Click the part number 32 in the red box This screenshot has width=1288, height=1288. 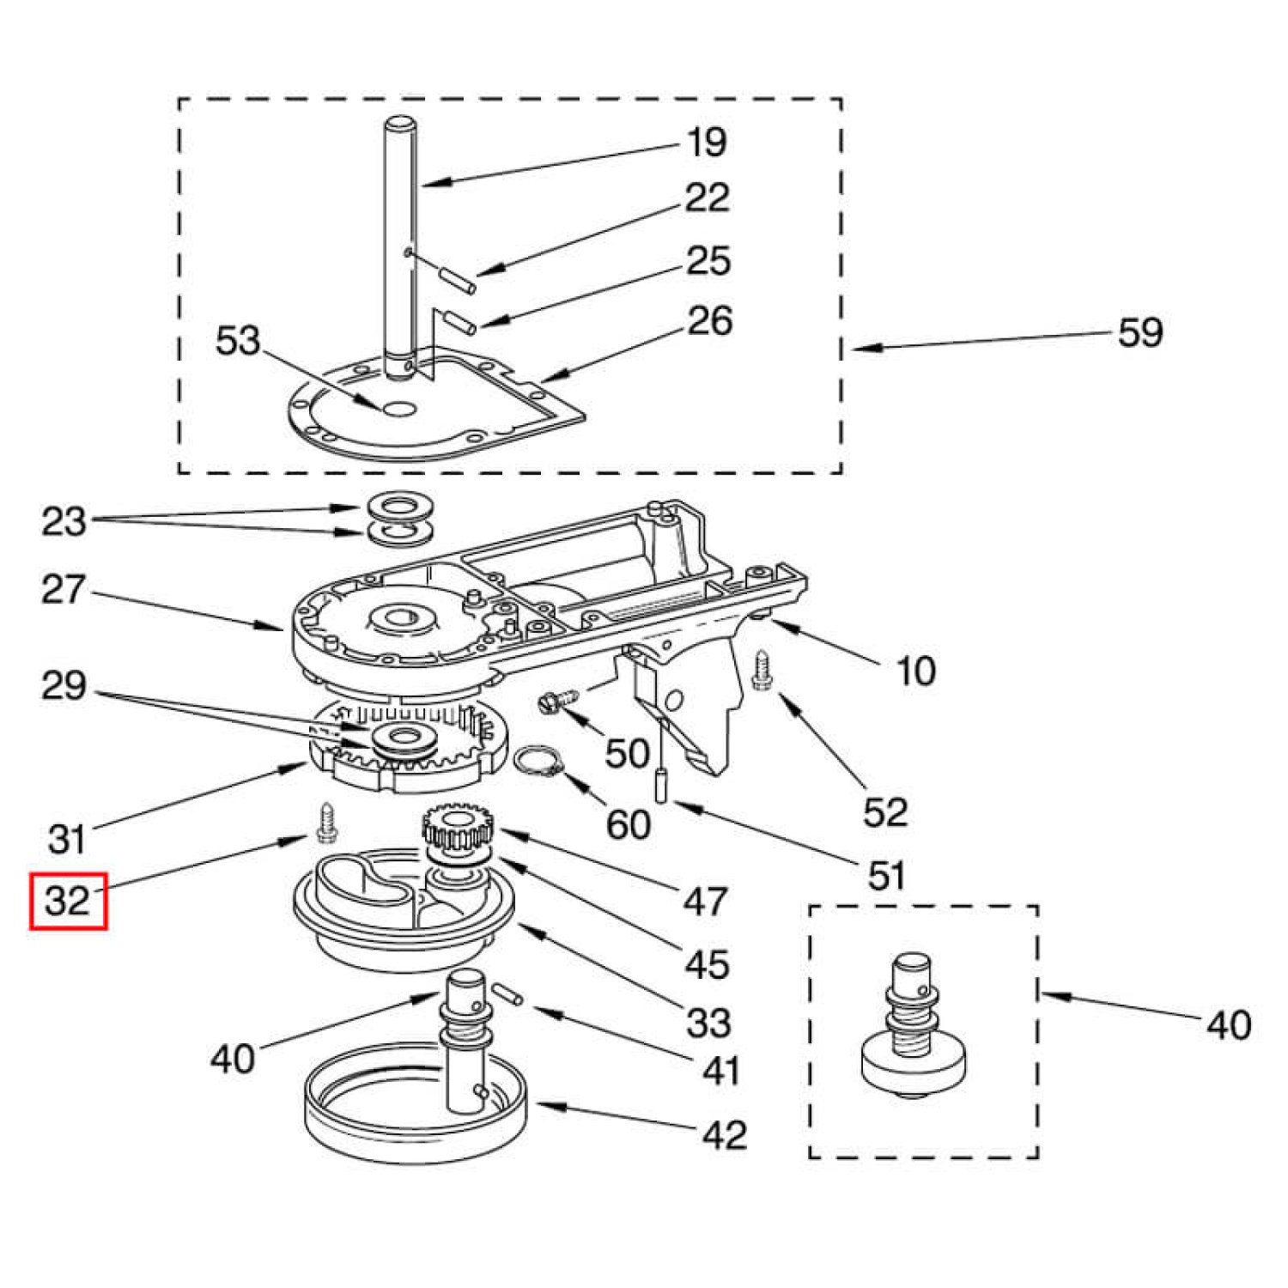pyautogui.click(x=68, y=901)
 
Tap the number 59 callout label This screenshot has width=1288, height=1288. pyautogui.click(x=1139, y=332)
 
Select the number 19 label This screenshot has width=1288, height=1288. pyautogui.click(x=707, y=142)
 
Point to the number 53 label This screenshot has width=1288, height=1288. pyautogui.click(x=237, y=341)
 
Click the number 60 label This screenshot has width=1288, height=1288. pyautogui.click(x=628, y=824)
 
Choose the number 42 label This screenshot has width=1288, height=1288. pyautogui.click(x=724, y=1135)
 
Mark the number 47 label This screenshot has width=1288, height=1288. pyautogui.click(x=705, y=902)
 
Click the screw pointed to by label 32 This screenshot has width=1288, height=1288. pyautogui.click(x=327, y=823)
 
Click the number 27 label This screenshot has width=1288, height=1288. pyautogui.click(x=64, y=590)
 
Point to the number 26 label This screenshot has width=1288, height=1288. pyautogui.click(x=709, y=320)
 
